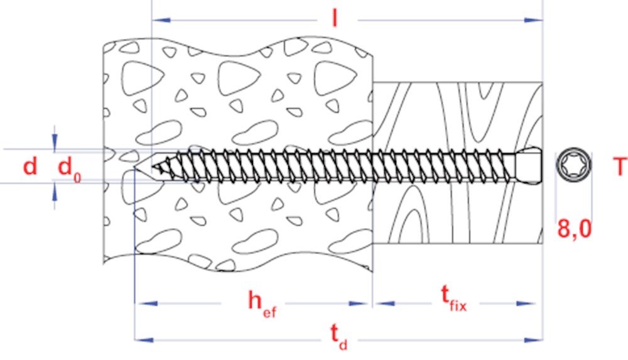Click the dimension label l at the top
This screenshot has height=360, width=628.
click(x=335, y=18)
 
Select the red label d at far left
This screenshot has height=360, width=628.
click(x=30, y=165)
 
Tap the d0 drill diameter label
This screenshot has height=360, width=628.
click(x=69, y=169)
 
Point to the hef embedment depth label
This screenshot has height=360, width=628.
click(x=262, y=304)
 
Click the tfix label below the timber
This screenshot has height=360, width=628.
click(x=454, y=299)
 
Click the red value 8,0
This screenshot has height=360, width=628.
click(x=575, y=229)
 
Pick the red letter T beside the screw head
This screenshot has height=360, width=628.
click(x=620, y=166)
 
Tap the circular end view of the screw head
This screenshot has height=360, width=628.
click(x=573, y=165)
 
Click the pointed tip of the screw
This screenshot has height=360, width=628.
click(x=152, y=166)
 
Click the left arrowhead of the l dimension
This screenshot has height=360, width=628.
click(x=161, y=19)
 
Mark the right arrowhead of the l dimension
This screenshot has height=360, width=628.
click(x=533, y=19)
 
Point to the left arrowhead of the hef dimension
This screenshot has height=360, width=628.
click(x=144, y=303)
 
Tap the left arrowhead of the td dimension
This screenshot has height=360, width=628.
click(x=144, y=340)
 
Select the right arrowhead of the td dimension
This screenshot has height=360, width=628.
click(x=533, y=340)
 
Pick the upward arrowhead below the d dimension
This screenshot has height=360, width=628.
click(x=55, y=192)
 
